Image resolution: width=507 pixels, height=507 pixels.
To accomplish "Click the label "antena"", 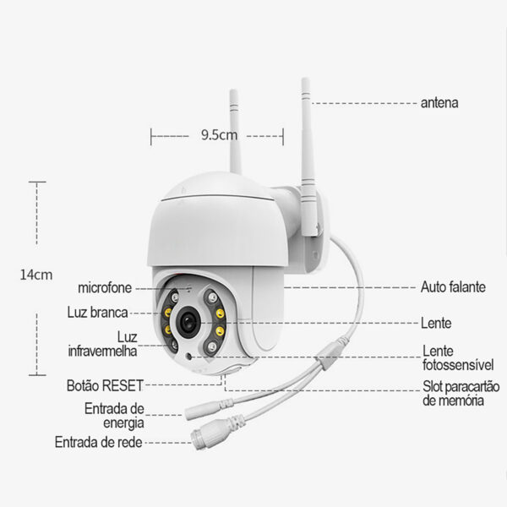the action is [439, 103].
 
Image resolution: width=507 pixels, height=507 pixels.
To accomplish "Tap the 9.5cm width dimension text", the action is [219, 135].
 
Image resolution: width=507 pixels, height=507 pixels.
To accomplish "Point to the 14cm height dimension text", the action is [36, 275].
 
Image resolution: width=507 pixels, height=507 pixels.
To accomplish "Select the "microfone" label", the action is [105, 288].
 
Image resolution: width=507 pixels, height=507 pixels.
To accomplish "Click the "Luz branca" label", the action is [98, 313].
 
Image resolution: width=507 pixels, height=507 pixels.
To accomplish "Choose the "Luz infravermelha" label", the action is [102, 344].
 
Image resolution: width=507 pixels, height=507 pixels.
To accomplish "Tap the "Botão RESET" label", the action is [105, 385].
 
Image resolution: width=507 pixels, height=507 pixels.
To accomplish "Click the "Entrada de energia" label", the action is [114, 416].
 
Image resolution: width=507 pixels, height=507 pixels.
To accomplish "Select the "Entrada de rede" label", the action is [99, 442].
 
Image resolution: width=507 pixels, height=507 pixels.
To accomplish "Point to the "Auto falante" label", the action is [453, 287].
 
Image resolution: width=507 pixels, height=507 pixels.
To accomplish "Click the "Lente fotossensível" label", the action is [458, 358].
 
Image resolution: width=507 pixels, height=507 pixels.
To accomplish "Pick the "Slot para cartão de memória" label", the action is [461, 393].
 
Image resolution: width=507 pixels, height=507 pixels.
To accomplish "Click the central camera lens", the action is [188, 322].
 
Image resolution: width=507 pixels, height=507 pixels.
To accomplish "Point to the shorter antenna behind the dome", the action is [235, 132].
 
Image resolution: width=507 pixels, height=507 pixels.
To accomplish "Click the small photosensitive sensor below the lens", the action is [188, 357].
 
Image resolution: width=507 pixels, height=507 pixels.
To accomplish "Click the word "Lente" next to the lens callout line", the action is [436, 323].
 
